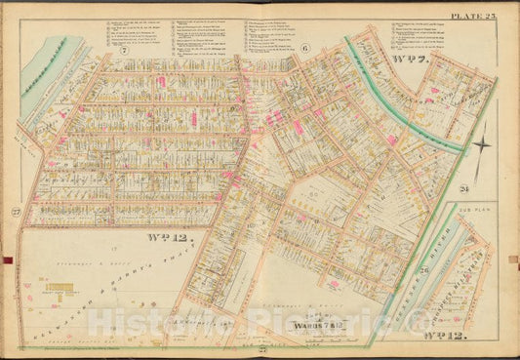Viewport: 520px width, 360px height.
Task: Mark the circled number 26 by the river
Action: click(x=424, y=270)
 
